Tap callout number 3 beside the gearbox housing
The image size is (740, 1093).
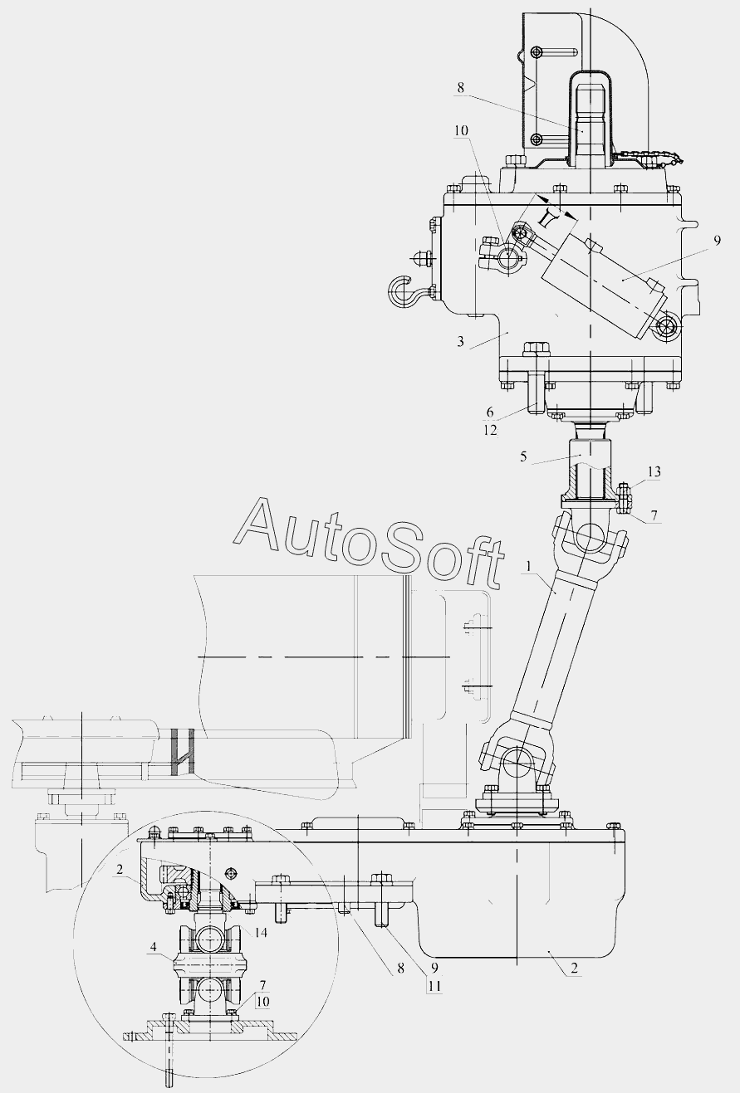tap(461, 341)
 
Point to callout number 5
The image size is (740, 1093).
tap(523, 456)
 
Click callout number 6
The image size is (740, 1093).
tap(490, 412)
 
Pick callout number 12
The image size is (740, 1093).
tap(490, 430)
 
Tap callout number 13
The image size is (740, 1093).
tap(654, 471)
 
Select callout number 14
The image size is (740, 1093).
tap(261, 933)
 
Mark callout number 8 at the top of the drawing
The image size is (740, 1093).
tap(461, 87)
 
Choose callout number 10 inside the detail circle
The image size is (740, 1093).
tap(262, 1002)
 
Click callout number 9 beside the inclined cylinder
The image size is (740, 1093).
tap(717, 241)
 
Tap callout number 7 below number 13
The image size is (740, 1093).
tap(654, 515)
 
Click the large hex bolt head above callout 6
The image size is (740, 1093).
tap(537, 349)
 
